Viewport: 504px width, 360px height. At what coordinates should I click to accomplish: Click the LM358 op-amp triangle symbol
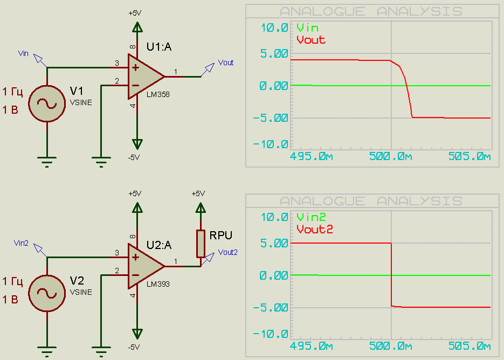(144, 77)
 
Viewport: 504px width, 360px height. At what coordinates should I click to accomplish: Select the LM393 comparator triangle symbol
(144, 266)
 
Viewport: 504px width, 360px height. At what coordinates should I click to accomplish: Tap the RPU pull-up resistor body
(201, 244)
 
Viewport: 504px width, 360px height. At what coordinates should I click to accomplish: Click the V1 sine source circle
(47, 104)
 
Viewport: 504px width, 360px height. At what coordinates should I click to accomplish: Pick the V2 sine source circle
(47, 293)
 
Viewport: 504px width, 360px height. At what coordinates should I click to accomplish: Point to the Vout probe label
(226, 63)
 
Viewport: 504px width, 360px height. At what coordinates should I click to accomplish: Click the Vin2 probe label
(21, 243)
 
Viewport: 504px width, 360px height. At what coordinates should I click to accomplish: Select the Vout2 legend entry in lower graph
(315, 229)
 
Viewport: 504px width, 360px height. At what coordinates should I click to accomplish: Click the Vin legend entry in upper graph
(308, 28)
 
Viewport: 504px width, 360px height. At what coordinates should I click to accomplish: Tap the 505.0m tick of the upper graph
(470, 156)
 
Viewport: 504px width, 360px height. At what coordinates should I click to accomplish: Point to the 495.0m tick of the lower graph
(311, 346)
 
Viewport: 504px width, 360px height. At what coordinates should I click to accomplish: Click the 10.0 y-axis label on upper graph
(274, 28)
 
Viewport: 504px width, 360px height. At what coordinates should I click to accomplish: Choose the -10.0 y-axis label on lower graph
(271, 334)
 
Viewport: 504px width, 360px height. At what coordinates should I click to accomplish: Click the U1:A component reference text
(159, 47)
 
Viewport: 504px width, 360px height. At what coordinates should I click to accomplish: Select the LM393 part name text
(158, 284)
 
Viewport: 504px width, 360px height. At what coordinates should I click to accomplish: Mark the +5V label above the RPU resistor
(198, 193)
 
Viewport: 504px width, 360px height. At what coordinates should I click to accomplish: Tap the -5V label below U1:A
(134, 157)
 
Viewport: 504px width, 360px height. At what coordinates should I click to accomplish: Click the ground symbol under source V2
(47, 351)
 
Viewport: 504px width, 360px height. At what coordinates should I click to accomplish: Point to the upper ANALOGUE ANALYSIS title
(371, 11)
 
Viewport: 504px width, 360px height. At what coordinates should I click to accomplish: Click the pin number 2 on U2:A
(117, 271)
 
